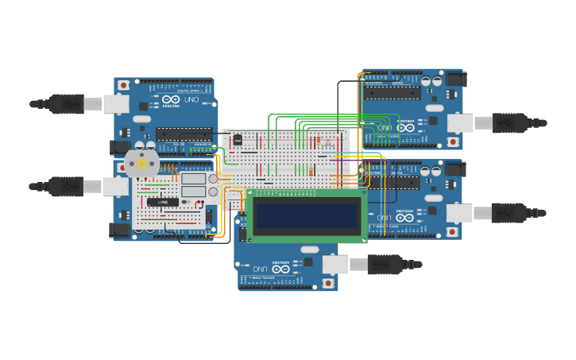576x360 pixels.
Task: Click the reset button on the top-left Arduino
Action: tap(123, 85)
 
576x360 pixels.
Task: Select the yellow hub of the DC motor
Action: tap(142, 164)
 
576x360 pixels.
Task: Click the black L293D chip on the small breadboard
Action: tap(162, 203)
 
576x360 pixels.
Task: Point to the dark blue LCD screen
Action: tap(306, 215)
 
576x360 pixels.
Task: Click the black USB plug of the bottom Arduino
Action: tap(385, 265)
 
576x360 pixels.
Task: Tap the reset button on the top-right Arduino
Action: tap(453, 141)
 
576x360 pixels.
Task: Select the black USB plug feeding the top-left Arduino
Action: tap(67, 104)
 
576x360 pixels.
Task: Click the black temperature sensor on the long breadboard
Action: tap(238, 140)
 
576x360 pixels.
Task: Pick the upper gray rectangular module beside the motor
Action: tap(194, 179)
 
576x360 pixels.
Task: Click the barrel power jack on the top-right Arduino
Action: tap(454, 79)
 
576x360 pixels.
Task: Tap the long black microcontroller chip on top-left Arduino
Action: tap(184, 134)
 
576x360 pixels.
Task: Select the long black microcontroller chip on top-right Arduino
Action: tap(392, 93)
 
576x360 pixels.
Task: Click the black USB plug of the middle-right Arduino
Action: tap(509, 213)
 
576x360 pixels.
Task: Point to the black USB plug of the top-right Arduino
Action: tap(509, 123)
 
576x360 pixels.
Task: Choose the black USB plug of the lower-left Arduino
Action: tap(66, 187)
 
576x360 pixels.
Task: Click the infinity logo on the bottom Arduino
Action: tap(280, 269)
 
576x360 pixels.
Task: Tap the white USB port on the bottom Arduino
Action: tap(334, 265)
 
